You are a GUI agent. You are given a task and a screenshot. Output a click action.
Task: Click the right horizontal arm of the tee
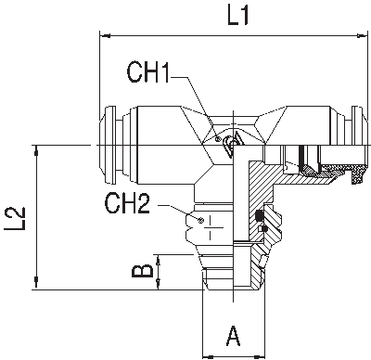[297, 139]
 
